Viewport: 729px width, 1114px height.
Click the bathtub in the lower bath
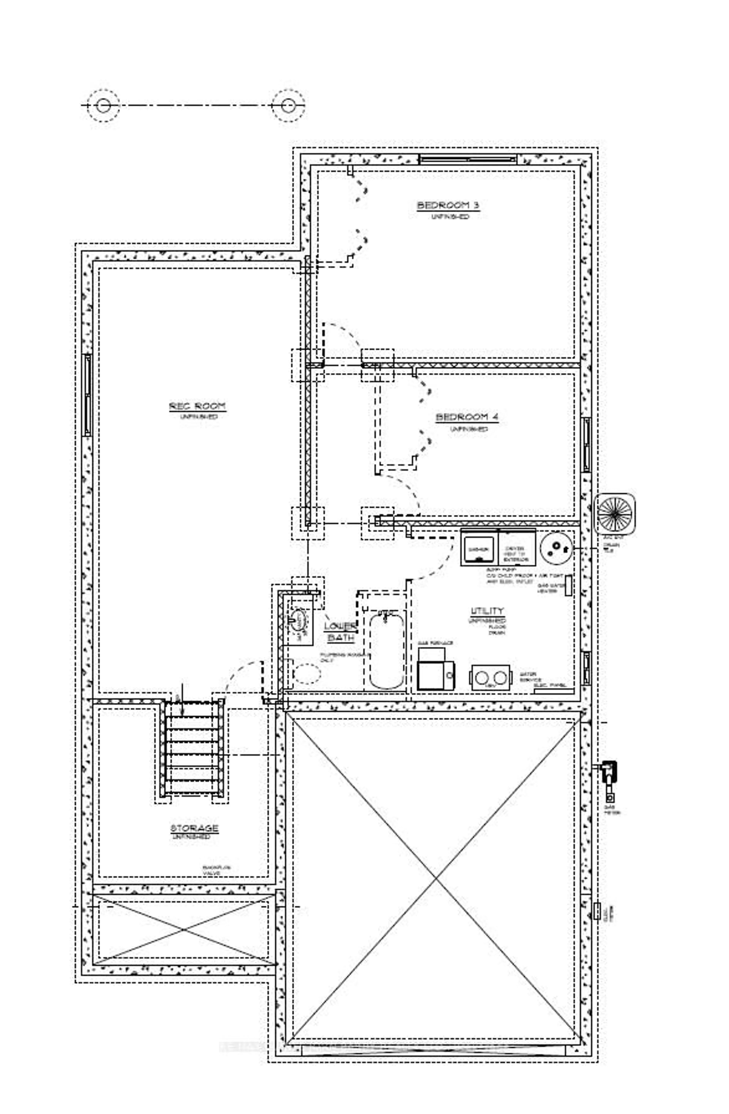[x=387, y=651]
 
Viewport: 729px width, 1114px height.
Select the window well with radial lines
[x=614, y=513]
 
